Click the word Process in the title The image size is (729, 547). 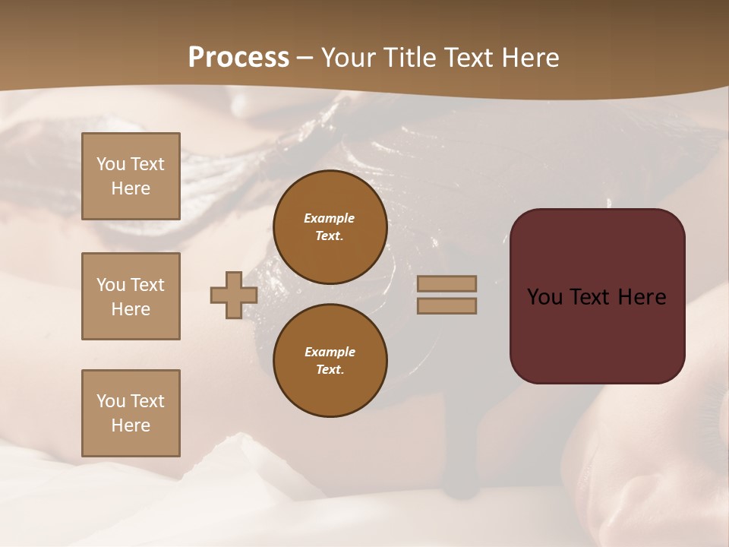238,58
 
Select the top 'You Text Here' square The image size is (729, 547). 131,176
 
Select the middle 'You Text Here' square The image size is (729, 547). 131,296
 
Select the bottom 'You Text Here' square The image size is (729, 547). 131,413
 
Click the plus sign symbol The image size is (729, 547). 233,295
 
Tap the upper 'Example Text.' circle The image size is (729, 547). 330,227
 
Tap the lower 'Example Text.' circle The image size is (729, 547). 330,361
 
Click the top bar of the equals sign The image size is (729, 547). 447,284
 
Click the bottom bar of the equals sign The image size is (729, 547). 447,305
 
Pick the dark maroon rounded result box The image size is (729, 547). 597,334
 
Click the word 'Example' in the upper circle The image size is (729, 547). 330,218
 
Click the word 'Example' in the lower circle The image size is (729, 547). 330,352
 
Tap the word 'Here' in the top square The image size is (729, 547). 131,188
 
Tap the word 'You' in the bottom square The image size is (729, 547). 110,401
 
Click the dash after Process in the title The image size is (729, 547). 305,58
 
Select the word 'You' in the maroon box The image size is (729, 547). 545,297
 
